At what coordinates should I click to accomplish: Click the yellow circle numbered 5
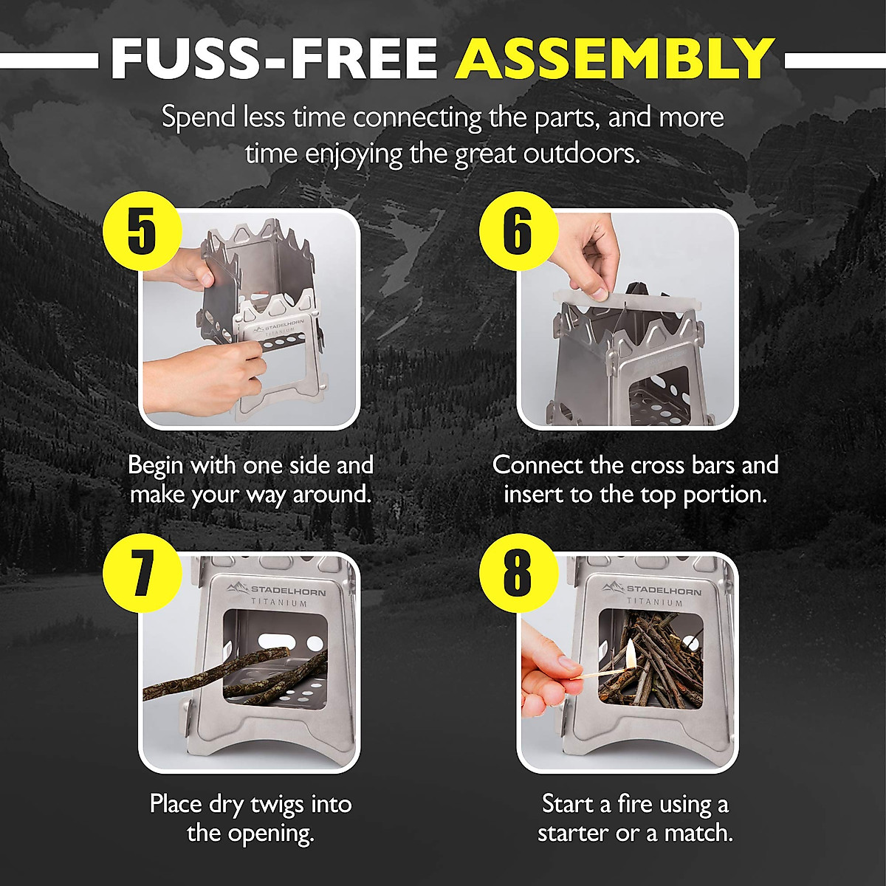[142, 231]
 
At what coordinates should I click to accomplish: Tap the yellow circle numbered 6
[517, 231]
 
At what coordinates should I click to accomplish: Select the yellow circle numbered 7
[142, 574]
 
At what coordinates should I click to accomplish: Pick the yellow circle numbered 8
[517, 574]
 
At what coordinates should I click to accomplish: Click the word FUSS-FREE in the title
[274, 58]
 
